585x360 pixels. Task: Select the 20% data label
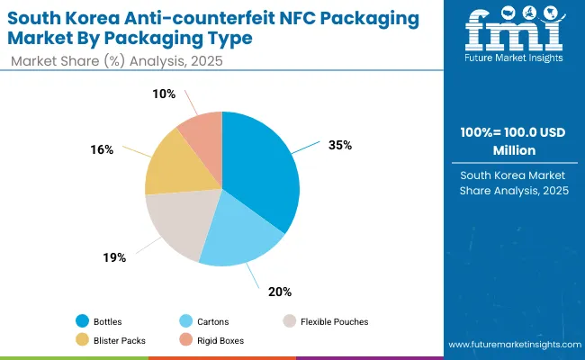click(x=281, y=292)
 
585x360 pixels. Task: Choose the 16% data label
click(x=103, y=149)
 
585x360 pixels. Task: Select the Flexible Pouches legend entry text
click(x=333, y=321)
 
